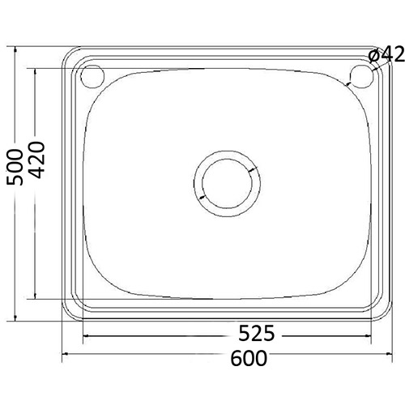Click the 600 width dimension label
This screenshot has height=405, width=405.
click(249, 358)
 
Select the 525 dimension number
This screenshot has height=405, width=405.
click(257, 333)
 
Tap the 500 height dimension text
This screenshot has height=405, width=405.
click(15, 167)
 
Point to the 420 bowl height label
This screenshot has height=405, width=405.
click(36, 160)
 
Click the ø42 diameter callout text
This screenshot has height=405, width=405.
click(386, 54)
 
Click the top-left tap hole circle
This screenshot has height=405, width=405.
click(92, 76)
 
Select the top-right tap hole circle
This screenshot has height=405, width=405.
click(362, 76)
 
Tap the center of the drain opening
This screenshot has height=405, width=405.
click(228, 183)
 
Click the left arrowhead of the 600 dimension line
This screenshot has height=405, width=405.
click(65, 354)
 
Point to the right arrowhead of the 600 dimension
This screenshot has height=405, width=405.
click(390, 354)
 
